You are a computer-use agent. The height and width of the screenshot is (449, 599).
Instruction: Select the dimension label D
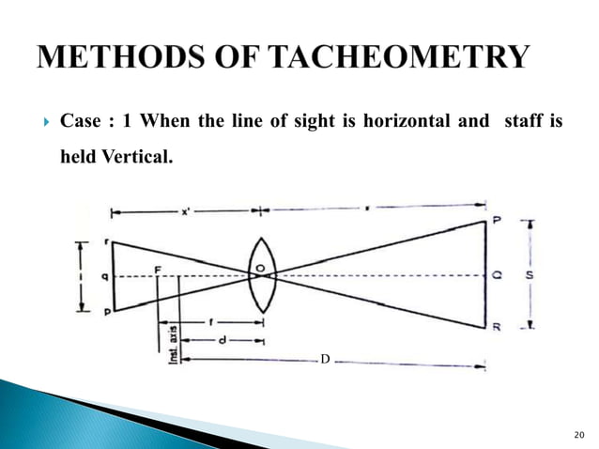click(325, 360)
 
